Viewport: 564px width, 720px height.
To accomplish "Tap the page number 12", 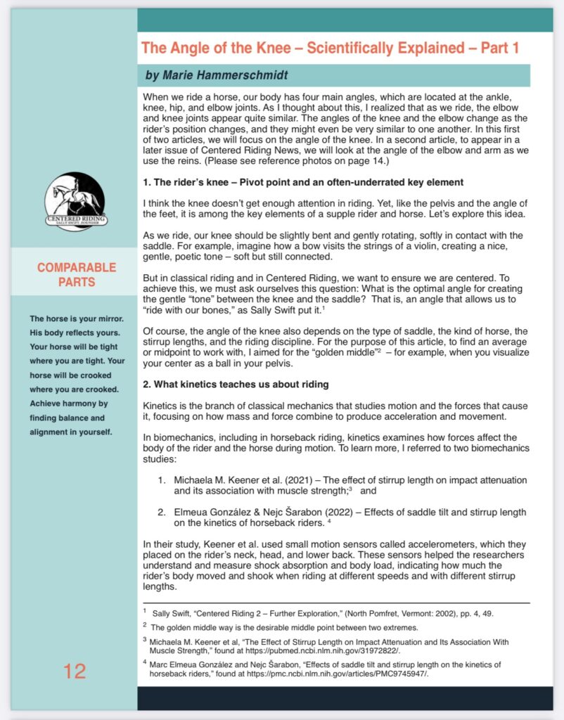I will pyautogui.click(x=75, y=671).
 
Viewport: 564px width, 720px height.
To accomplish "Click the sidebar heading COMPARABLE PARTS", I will pyautogui.click(x=77, y=275).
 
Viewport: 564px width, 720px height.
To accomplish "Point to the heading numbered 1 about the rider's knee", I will pyautogui.click(x=302, y=183).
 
